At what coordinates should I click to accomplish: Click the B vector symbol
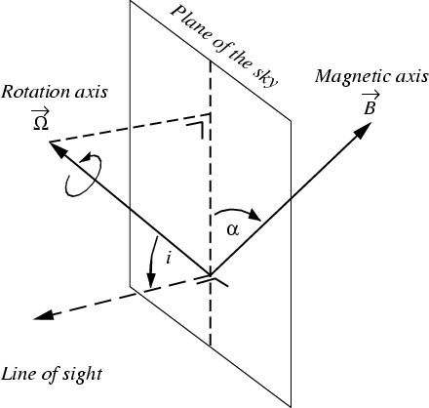click(370, 103)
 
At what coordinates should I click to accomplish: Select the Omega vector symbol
click(40, 120)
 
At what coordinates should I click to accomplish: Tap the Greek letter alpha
click(233, 230)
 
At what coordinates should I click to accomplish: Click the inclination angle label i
click(168, 259)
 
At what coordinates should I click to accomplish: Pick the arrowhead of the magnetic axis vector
click(363, 131)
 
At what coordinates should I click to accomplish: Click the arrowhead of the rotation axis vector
click(58, 149)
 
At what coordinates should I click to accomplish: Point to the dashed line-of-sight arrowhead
click(43, 315)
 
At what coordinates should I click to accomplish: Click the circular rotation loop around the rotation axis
click(83, 175)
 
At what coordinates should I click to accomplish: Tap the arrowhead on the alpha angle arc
click(254, 216)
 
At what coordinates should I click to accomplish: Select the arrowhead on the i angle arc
click(150, 280)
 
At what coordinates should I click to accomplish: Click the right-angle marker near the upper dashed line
click(199, 130)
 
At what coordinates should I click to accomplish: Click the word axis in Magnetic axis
click(410, 76)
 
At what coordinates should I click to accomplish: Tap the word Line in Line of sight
click(16, 374)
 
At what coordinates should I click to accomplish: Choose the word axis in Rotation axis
click(91, 92)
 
